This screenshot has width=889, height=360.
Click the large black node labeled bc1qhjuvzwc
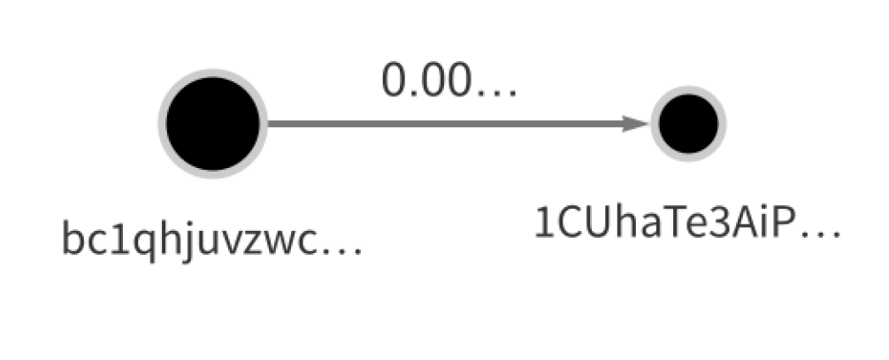click(x=212, y=124)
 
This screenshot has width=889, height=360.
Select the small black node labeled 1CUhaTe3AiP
click(x=688, y=124)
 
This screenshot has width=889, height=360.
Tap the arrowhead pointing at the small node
click(x=635, y=124)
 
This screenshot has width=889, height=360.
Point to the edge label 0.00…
click(x=449, y=81)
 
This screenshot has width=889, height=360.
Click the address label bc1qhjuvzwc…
click(x=211, y=240)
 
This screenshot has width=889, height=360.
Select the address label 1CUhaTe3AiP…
click(x=687, y=224)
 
